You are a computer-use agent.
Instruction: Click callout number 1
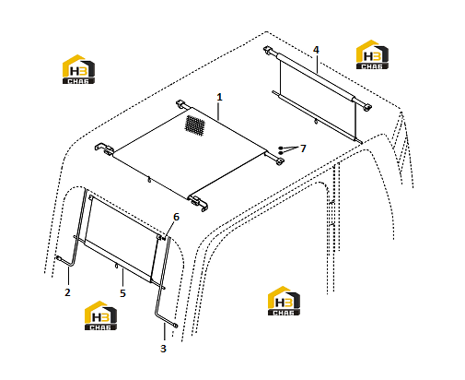tap(219, 97)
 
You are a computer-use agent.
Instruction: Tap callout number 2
tap(67, 292)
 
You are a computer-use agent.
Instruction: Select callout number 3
tap(163, 349)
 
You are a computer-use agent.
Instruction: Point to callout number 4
tap(316, 50)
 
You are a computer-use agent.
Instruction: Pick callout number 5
tap(122, 293)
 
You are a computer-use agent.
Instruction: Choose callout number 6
tap(176, 217)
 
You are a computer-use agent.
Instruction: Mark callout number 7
tap(303, 148)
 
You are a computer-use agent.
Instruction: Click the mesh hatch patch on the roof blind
tap(194, 126)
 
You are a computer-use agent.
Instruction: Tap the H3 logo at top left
tap(78, 69)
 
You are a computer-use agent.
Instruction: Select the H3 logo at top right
tap(372, 54)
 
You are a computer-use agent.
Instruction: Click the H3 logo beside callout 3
tap(100, 315)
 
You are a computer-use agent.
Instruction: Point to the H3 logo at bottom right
tap(284, 301)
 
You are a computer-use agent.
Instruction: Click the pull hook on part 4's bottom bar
tap(316, 122)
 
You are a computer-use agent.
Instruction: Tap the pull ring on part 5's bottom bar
tap(116, 266)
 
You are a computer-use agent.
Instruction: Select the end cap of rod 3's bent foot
tap(176, 326)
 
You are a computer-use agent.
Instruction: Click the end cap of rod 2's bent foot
tap(58, 257)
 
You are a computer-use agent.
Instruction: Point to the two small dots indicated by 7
tap(280, 150)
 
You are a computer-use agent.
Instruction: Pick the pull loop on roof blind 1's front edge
tap(149, 180)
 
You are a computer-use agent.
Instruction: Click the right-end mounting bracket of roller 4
tap(366, 107)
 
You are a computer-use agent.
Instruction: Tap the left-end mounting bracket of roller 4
tap(268, 50)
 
